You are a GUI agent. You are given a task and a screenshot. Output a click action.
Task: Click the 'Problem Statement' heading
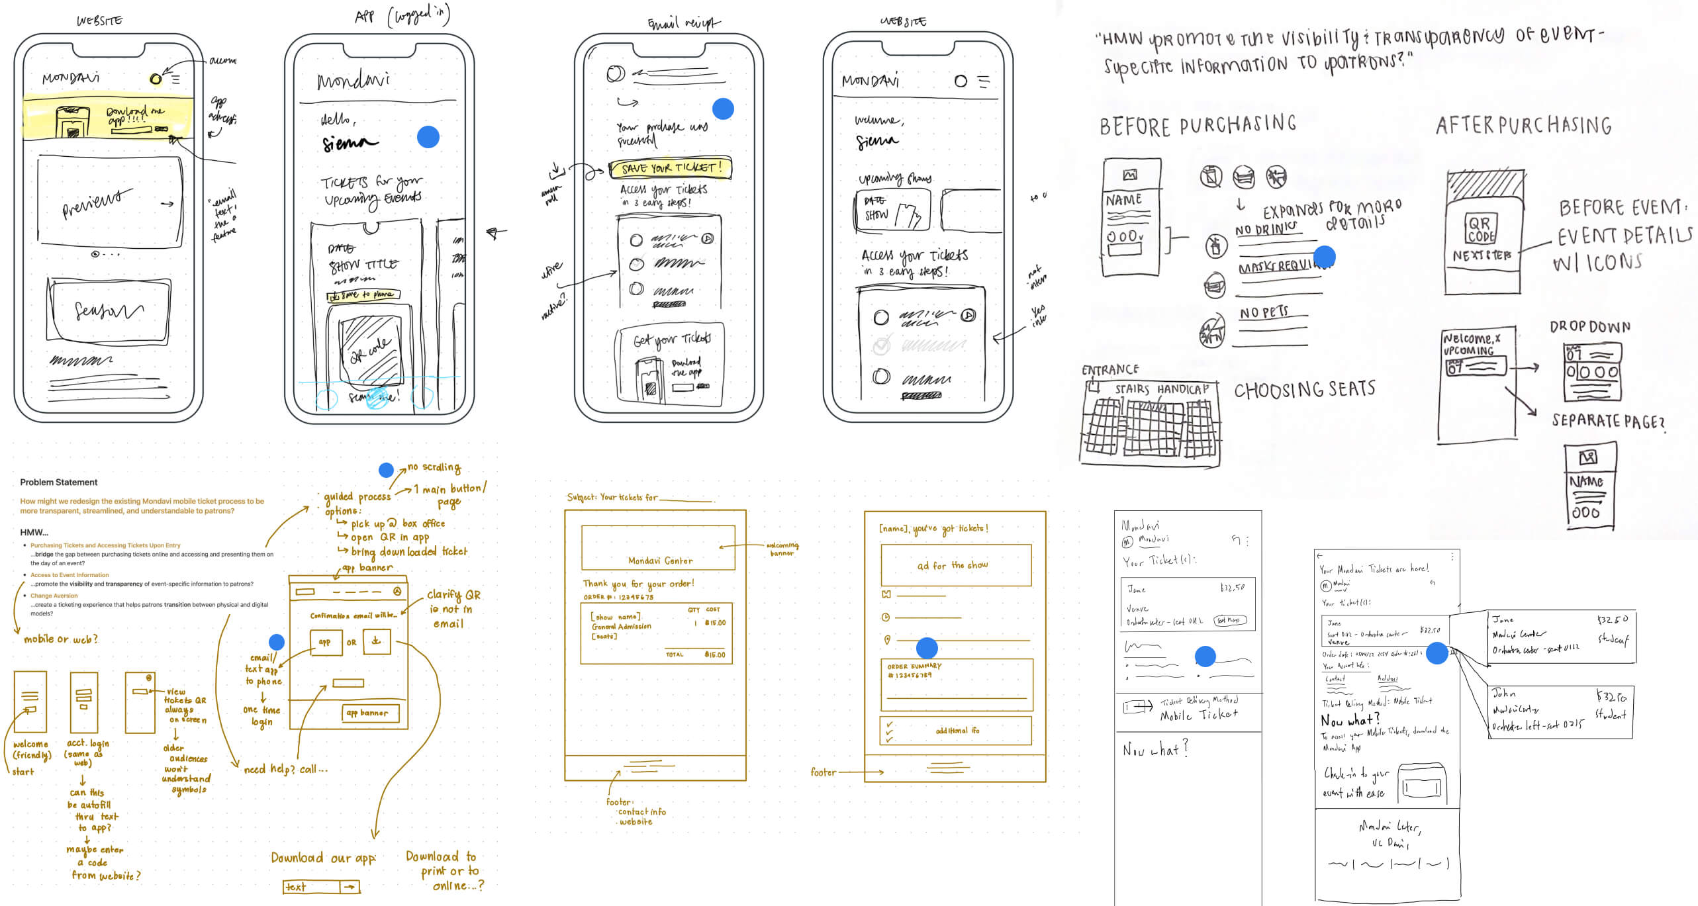[x=58, y=482]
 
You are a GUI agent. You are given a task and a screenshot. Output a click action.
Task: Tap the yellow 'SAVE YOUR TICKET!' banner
[x=669, y=168]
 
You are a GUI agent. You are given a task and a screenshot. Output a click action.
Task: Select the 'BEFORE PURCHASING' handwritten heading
[x=1198, y=125]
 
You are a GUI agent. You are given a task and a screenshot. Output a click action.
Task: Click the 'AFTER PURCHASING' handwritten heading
[x=1523, y=125]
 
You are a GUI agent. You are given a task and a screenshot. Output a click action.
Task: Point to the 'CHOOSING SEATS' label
[x=1304, y=390]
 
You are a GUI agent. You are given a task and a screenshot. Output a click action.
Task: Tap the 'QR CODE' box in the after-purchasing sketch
[x=1480, y=230]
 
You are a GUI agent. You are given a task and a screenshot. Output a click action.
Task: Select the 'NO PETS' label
[x=1264, y=312]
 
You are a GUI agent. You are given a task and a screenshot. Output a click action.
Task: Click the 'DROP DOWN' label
[x=1589, y=327]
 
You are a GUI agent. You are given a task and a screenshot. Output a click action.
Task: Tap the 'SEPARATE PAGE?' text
[x=1607, y=421]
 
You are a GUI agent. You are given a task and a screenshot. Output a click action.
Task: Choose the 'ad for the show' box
[x=955, y=565]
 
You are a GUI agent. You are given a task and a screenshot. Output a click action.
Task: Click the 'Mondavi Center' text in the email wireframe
[x=660, y=561]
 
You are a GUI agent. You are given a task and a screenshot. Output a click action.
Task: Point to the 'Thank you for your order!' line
[x=638, y=584]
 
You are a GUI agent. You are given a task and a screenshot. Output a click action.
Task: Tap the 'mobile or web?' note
[x=61, y=639]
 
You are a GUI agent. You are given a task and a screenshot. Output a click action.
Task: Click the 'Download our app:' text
[x=323, y=858]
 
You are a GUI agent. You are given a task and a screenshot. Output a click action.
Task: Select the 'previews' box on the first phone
[x=110, y=201]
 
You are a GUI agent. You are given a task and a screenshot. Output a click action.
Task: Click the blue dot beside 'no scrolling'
[x=386, y=470]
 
